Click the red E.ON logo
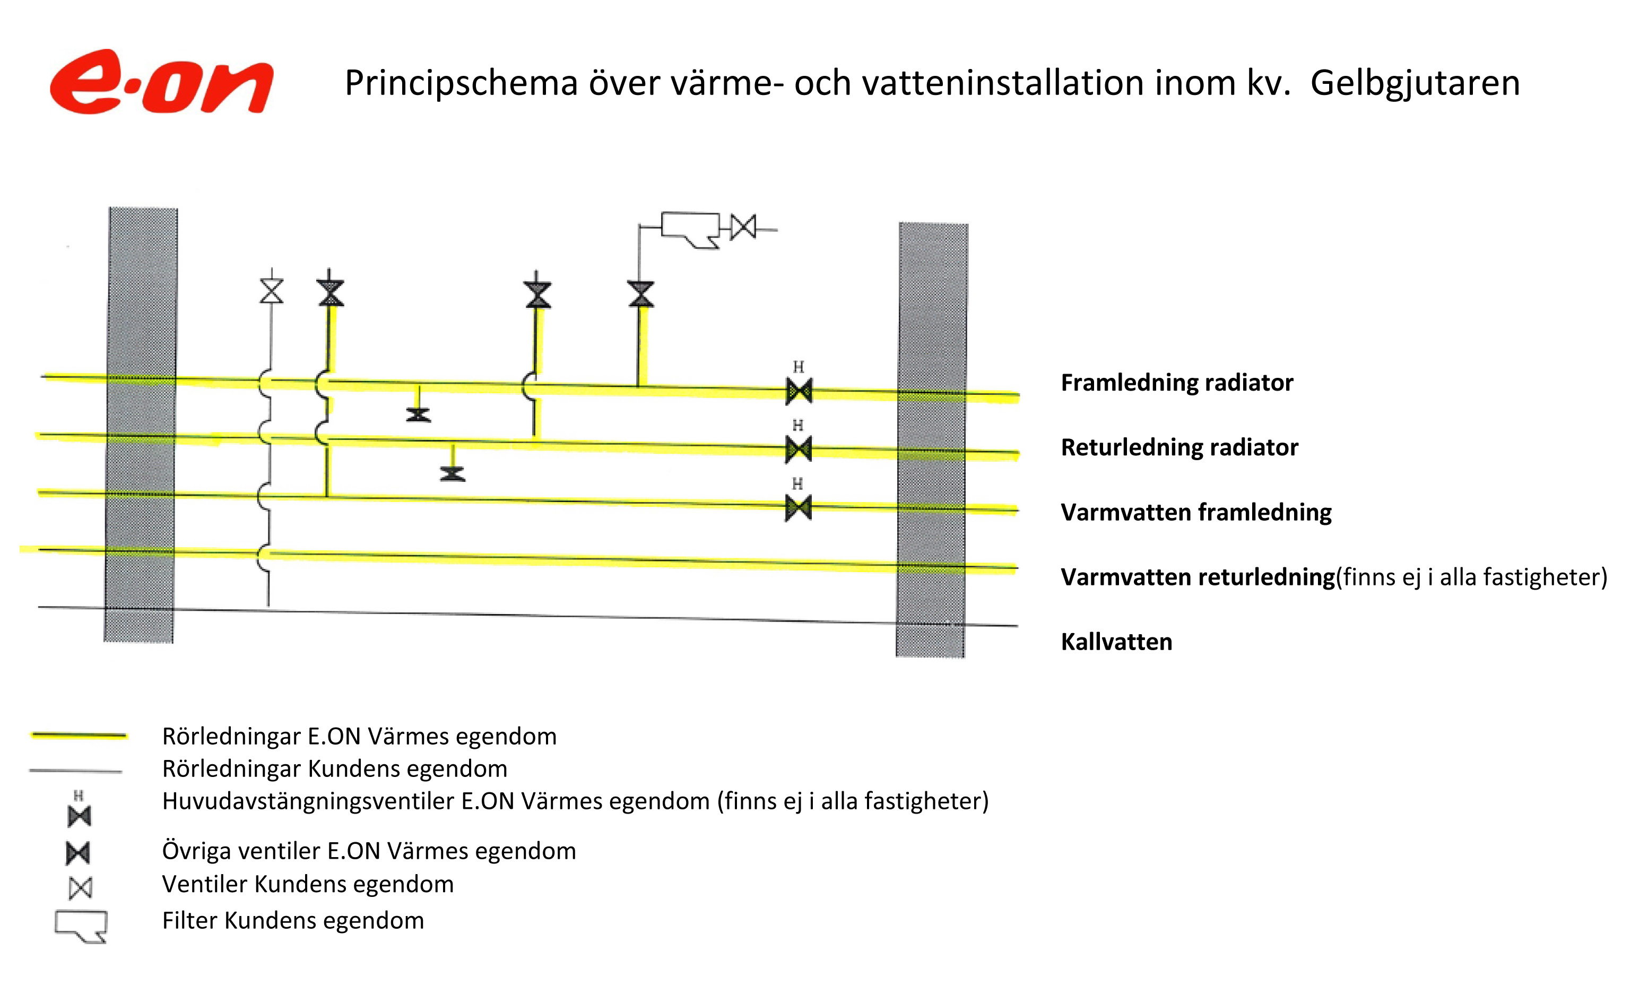pyautogui.click(x=161, y=82)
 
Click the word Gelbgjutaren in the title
pyautogui.click(x=1415, y=84)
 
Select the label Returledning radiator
pyautogui.click(x=1179, y=447)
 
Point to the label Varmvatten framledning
pyautogui.click(x=1196, y=513)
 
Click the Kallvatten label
pyautogui.click(x=1116, y=642)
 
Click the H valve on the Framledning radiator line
pyautogui.click(x=799, y=391)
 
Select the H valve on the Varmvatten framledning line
pyautogui.click(x=799, y=508)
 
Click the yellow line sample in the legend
pyautogui.click(x=79, y=736)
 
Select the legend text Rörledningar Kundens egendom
pyautogui.click(x=335, y=768)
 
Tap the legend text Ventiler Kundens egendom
pyautogui.click(x=308, y=884)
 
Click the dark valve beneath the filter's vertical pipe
pyautogui.click(x=641, y=294)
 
